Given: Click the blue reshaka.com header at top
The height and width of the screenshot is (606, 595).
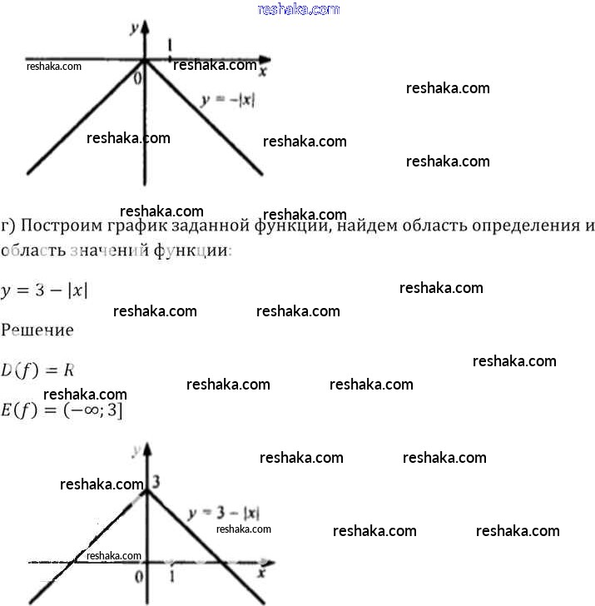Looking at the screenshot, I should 299,9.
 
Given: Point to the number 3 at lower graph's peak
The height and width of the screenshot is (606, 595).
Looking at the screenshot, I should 156,482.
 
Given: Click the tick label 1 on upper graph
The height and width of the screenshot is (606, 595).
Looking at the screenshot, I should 171,45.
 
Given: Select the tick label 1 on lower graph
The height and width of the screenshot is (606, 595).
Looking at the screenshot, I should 171,575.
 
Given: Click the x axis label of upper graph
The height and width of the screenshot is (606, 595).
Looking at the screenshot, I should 262,72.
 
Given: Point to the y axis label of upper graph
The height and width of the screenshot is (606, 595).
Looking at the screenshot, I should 133,27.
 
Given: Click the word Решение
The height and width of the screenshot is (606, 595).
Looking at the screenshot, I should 37,330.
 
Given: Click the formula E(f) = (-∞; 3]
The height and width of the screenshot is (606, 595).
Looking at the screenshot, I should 62,410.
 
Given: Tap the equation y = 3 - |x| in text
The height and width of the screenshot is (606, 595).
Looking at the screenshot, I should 45,290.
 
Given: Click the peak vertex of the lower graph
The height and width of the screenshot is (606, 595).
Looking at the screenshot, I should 146,490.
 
